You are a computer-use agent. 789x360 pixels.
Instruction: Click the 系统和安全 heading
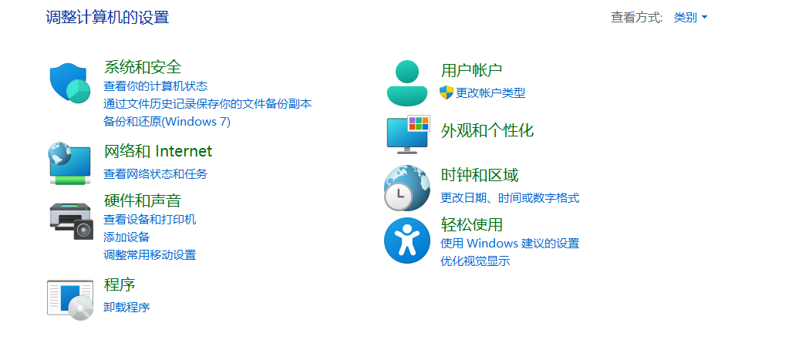coord(143,67)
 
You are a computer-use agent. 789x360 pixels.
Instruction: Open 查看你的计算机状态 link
coord(155,86)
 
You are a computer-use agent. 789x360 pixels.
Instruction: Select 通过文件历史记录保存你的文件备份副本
coord(207,103)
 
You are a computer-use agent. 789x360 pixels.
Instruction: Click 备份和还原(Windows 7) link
coord(167,121)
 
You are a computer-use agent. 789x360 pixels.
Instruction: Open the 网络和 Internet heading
coord(157,151)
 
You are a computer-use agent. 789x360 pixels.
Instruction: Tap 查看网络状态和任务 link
coord(155,173)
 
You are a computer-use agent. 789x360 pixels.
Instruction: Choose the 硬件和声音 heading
coord(143,201)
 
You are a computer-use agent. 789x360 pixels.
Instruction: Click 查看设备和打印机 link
coord(150,219)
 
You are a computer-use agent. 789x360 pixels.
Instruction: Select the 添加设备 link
coord(126,237)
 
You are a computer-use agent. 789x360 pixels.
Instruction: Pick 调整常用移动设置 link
coord(150,254)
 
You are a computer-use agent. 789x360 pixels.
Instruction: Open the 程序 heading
coord(120,284)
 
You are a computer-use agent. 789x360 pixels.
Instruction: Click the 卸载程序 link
coord(126,307)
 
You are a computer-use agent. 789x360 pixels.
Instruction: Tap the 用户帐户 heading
coord(471,71)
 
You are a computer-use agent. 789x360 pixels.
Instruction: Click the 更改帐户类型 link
coord(491,93)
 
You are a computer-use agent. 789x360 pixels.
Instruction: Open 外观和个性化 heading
coord(487,130)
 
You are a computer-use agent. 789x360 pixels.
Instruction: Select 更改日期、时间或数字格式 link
coord(510,197)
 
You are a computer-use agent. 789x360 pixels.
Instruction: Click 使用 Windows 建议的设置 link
coord(510,243)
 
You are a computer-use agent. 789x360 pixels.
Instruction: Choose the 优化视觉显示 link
coord(475,261)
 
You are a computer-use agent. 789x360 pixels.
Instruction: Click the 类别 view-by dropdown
coord(690,17)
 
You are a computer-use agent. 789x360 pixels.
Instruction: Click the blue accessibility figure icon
coord(406,240)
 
